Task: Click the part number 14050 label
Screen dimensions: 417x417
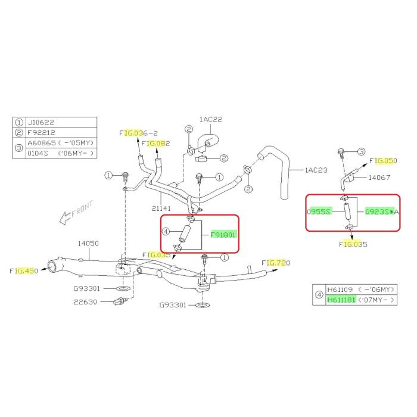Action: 88,243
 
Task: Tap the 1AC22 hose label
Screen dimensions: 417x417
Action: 211,119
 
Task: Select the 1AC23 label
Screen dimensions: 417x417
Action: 316,170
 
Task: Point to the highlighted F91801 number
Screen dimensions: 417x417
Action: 223,235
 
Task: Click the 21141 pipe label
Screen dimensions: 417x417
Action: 161,208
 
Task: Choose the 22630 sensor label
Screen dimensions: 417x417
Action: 85,302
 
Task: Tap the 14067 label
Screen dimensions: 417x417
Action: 379,177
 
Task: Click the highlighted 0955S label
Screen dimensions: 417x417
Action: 319,211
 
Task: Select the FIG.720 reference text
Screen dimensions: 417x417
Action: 276,263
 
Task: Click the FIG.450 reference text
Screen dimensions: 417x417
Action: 24,270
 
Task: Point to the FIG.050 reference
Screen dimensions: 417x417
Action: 383,161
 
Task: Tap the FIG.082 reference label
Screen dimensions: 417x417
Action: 155,144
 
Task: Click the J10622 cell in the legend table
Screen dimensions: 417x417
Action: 41,122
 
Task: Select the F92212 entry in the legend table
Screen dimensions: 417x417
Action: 41,132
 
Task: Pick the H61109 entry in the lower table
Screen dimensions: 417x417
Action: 340,290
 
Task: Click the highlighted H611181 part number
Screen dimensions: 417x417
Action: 341,300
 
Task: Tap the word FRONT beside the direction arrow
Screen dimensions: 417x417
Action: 82,208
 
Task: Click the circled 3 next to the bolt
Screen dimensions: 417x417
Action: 361,151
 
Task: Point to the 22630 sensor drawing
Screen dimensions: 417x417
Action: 120,301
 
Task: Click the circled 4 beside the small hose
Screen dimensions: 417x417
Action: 166,231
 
